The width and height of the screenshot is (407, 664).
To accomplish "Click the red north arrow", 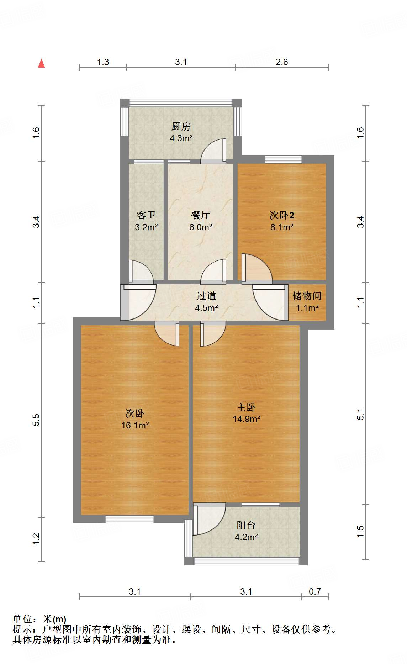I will click(x=42, y=63).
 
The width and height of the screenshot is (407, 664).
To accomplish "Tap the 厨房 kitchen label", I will click(x=181, y=126).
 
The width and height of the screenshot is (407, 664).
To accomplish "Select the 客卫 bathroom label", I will click(x=146, y=215).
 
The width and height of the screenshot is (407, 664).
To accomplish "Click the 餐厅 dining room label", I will click(x=201, y=215).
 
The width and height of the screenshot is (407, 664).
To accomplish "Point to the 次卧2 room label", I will click(x=282, y=215).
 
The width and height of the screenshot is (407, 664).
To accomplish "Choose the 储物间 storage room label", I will click(x=307, y=296).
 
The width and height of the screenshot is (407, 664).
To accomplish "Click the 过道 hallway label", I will click(x=206, y=296).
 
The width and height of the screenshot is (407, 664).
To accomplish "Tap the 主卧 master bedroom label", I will click(x=246, y=407).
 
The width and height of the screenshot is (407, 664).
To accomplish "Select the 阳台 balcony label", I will click(x=246, y=525).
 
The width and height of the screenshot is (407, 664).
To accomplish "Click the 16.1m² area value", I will click(x=135, y=425).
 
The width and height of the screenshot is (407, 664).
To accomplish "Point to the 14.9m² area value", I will click(x=246, y=419).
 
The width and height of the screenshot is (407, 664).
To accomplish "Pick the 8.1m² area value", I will click(x=282, y=227).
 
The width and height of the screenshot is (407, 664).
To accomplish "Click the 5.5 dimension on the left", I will click(x=37, y=420).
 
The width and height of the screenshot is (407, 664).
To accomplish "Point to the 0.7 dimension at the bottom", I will click(x=314, y=591).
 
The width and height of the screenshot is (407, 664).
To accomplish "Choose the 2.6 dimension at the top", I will click(x=281, y=62).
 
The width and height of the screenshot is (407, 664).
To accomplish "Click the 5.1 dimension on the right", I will click(x=361, y=414).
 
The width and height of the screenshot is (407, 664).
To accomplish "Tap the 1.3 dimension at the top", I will click(x=103, y=62).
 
